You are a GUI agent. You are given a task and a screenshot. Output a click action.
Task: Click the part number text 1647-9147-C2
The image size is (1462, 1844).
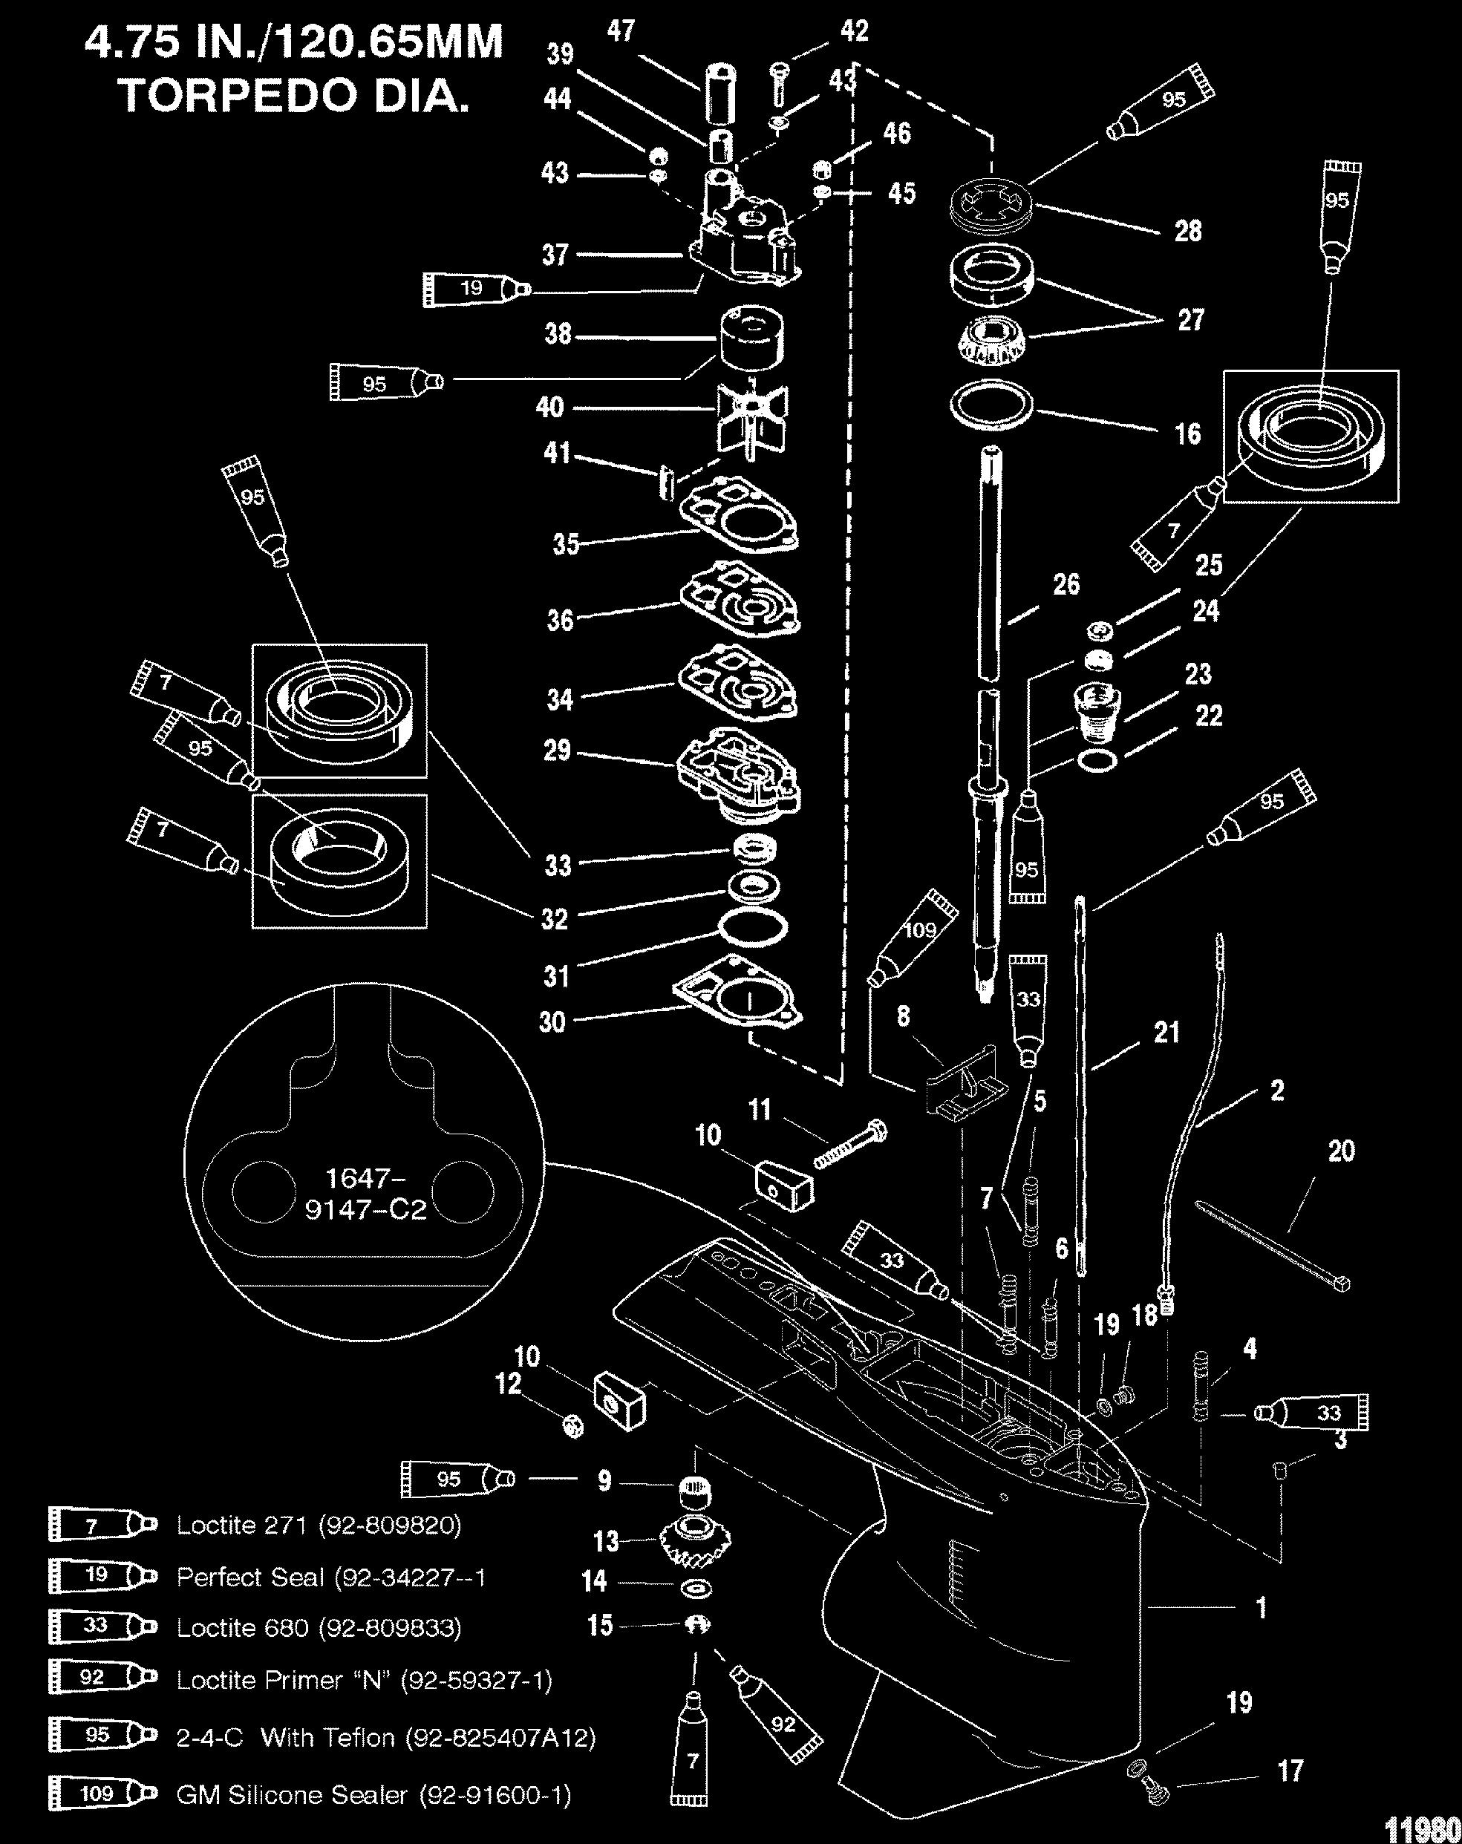click(x=365, y=1194)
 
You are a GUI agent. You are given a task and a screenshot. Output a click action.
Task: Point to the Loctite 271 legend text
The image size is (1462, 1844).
click(x=319, y=1526)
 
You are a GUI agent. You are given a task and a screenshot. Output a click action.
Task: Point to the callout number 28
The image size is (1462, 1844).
click(x=1188, y=230)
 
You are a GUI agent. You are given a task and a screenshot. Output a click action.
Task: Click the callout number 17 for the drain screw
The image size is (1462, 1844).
click(x=1290, y=1771)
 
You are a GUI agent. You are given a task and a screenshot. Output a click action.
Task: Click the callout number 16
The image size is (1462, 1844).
click(x=1187, y=434)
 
